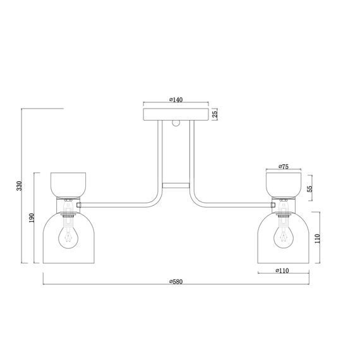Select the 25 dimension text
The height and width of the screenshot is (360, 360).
[215, 114]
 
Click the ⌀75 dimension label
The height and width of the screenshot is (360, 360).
[282, 167]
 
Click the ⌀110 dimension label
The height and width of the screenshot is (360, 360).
[282, 271]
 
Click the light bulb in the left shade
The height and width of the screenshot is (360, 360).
[68, 237]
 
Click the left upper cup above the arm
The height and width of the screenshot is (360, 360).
[68, 184]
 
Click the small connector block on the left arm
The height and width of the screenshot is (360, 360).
[79, 205]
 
